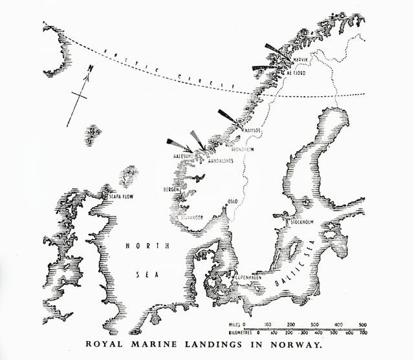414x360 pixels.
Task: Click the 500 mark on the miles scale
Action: tap(362, 323)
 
